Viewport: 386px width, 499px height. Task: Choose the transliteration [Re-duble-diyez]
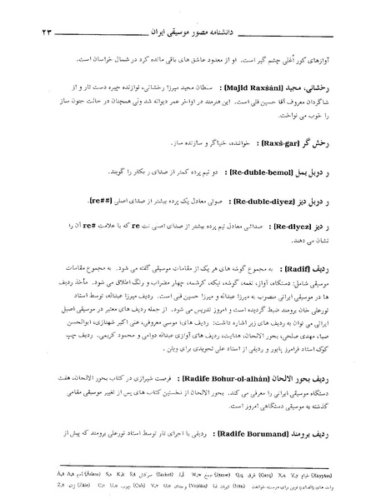(x=267, y=201)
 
